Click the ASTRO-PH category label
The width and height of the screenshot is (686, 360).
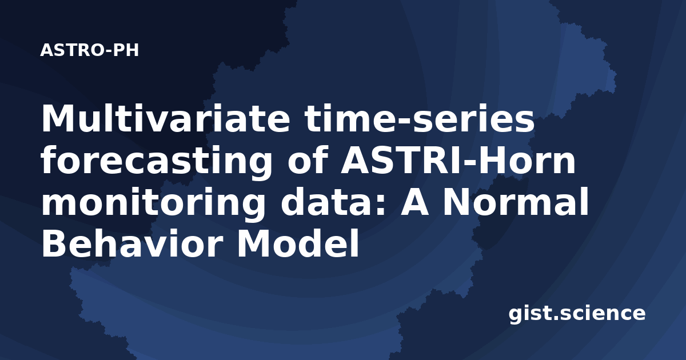(x=89, y=50)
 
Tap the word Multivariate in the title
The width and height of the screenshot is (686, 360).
(x=165, y=118)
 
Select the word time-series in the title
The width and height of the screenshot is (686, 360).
(x=420, y=118)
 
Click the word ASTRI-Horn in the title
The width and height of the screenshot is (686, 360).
(x=458, y=160)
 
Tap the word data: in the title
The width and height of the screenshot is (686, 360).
(x=333, y=202)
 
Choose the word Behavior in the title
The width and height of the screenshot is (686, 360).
(x=132, y=243)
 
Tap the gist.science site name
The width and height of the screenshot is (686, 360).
(x=577, y=314)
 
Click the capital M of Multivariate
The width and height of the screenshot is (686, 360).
(x=58, y=118)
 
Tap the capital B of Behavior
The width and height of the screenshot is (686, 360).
(x=55, y=243)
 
